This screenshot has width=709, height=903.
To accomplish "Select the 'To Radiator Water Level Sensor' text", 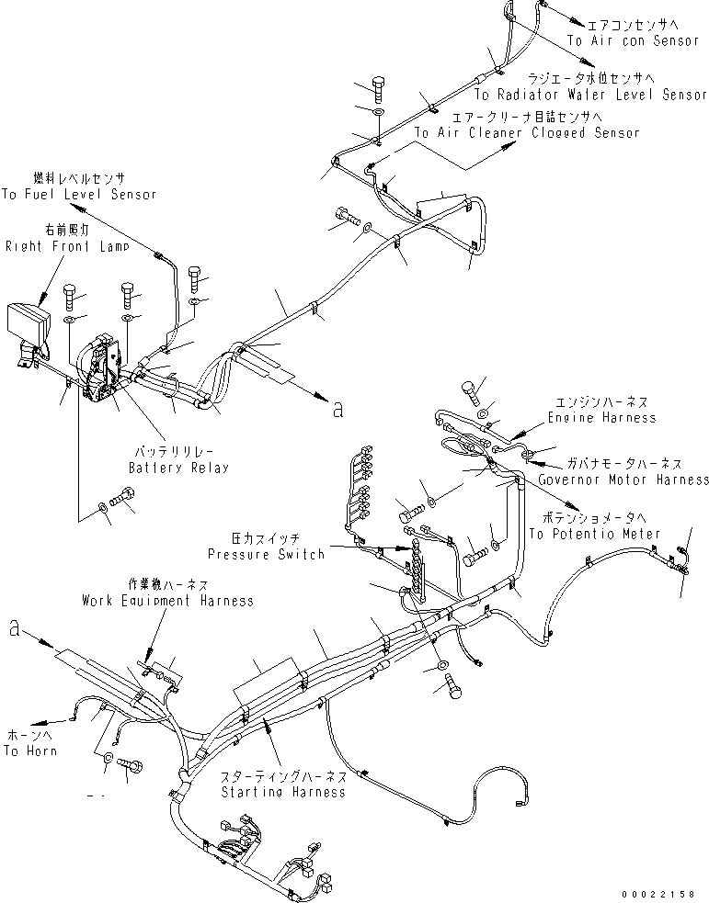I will (x=590, y=95).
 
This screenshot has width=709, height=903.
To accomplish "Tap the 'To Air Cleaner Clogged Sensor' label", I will (x=526, y=132).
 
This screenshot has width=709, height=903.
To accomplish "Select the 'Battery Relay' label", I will (x=178, y=467).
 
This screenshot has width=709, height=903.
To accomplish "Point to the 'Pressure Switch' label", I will (x=266, y=554).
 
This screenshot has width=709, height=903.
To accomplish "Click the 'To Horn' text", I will (x=29, y=751).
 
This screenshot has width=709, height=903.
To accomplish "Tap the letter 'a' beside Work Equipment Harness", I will (x=14, y=628).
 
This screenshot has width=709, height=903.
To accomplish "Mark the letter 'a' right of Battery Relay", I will (x=337, y=410).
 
